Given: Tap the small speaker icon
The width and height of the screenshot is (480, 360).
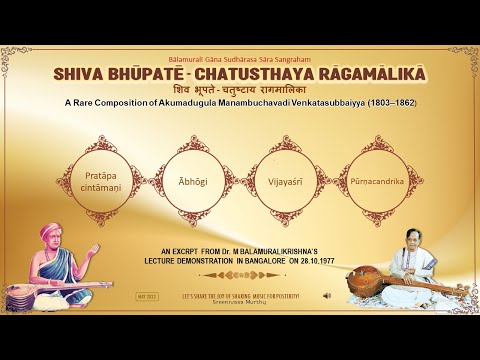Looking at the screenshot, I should click(x=327, y=296).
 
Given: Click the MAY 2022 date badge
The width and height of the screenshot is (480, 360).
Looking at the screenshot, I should click(x=147, y=296).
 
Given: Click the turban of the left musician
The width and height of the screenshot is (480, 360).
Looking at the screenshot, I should click(x=49, y=232).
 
